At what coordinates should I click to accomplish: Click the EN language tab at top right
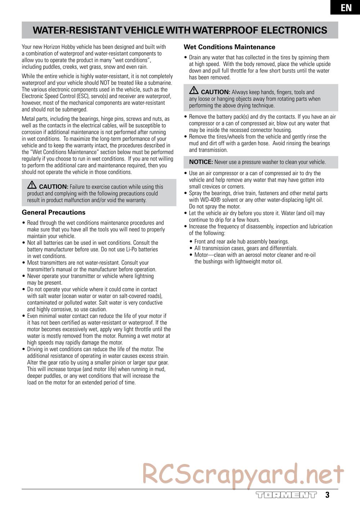point(346,8)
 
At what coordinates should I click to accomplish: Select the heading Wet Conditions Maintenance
point(229,47)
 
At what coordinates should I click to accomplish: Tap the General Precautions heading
point(54,212)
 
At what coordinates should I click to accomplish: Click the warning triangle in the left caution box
point(32,186)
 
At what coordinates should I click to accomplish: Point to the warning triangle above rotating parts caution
point(194,91)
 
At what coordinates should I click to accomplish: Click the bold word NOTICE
point(201,162)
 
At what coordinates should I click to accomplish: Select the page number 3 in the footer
point(327,495)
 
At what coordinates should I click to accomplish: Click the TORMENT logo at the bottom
point(286,495)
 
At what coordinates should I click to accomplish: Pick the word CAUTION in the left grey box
point(53,187)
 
